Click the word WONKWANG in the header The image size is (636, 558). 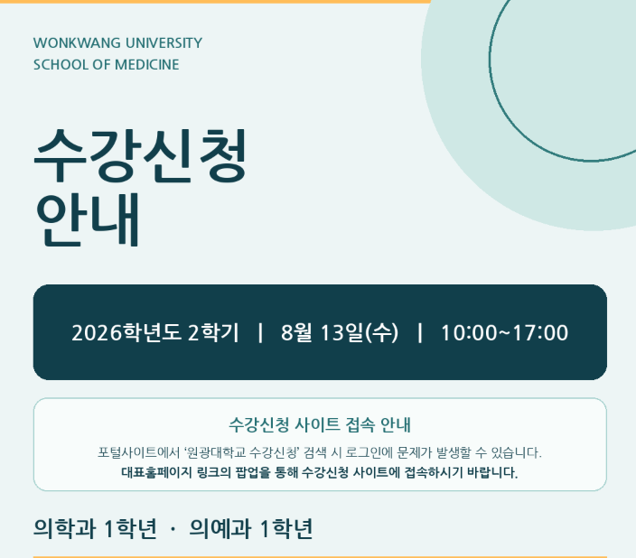coord(77,43)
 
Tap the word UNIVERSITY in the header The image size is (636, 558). coord(164,43)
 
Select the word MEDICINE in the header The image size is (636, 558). coord(147,64)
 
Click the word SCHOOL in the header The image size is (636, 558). coord(61,64)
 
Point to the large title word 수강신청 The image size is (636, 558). coord(140,154)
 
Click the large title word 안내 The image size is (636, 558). coord(88,219)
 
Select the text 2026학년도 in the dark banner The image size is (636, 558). coord(126,332)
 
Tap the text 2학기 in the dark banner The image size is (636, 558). coord(213,332)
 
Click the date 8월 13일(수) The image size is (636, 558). coord(340,332)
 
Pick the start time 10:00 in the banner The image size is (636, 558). coord(469,333)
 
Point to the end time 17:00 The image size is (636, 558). coord(540,333)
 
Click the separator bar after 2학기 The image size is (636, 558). coord(260,332)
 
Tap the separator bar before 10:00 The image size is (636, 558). coord(420,332)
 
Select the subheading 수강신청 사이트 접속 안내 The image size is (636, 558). coord(320,424)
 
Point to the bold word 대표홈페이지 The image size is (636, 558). coord(156,472)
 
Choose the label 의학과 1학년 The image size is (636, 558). coord(95,528)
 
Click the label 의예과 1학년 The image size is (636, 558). coord(250,528)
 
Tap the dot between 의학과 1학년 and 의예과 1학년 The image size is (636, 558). coord(173,529)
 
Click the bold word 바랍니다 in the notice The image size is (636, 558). coord(492,472)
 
